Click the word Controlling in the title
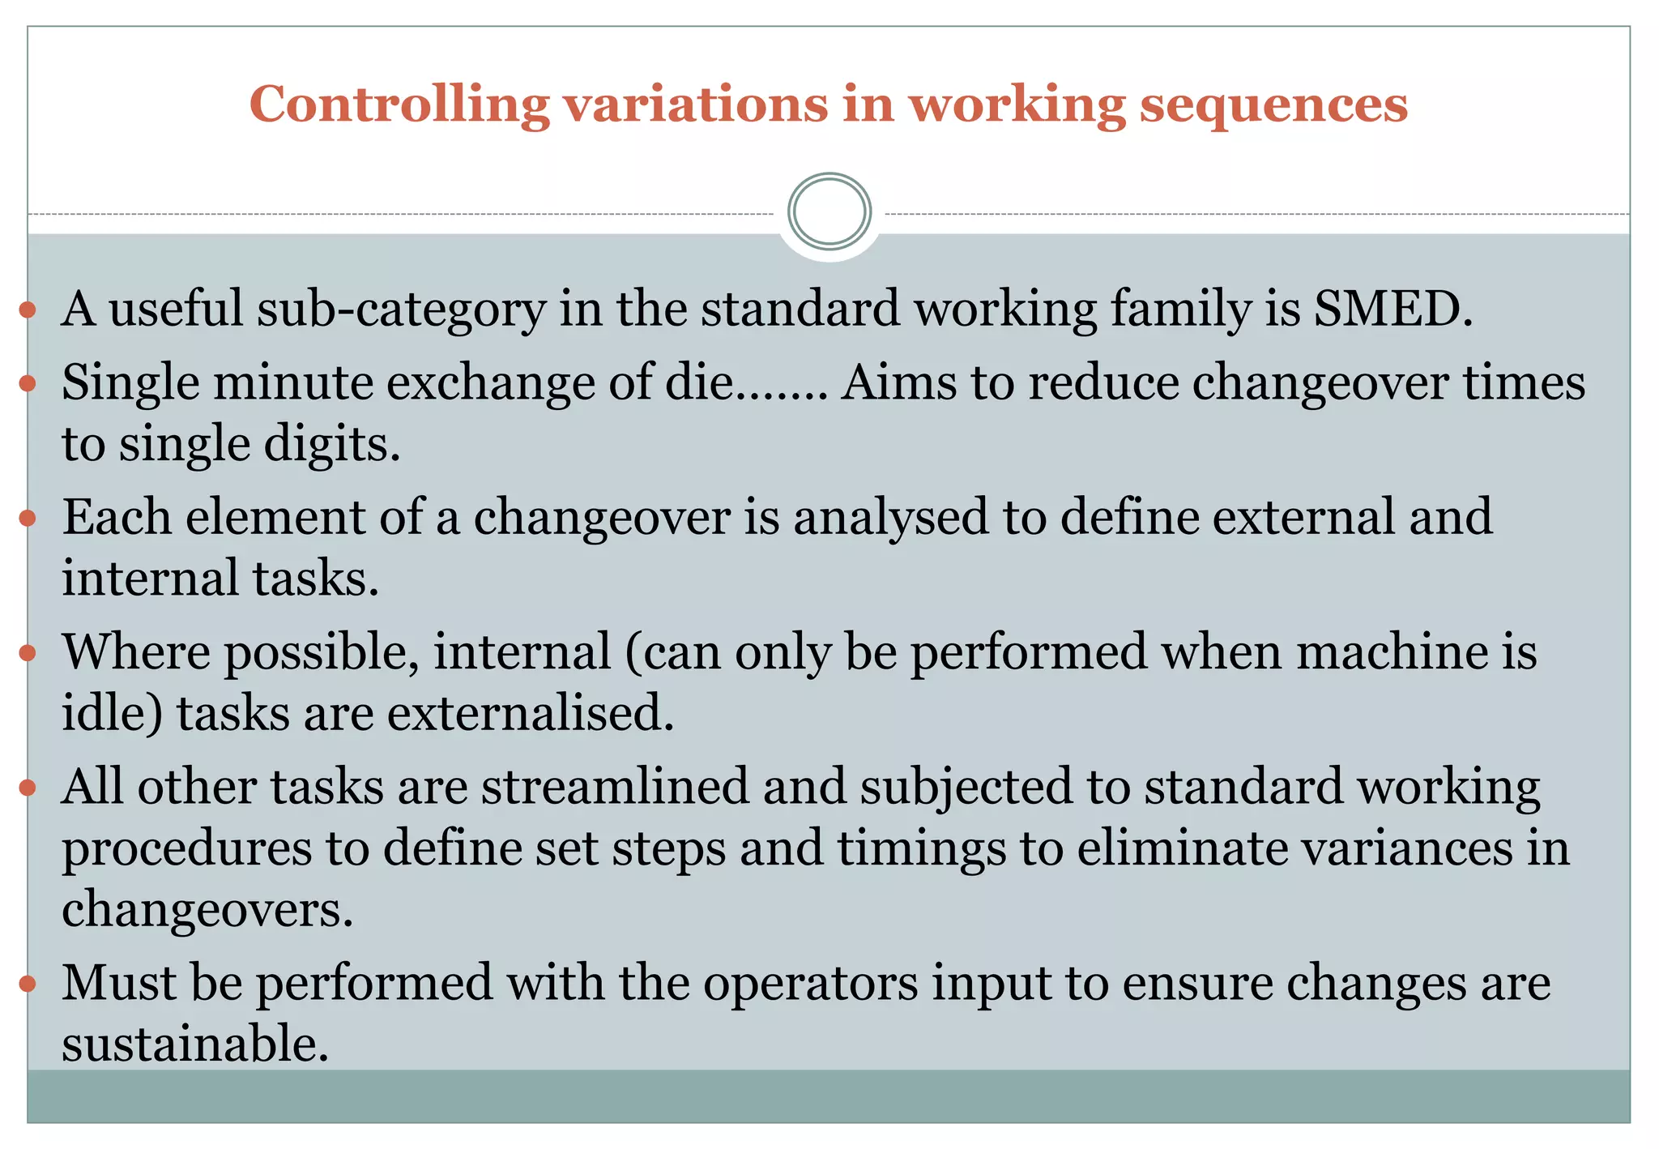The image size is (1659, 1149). [399, 105]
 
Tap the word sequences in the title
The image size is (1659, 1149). [1273, 105]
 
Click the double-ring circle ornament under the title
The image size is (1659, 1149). [829, 211]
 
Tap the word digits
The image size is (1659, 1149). [332, 444]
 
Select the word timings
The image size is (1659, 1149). [921, 848]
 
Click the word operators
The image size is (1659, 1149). [811, 983]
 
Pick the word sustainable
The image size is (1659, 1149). [195, 1044]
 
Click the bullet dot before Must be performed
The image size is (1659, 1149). [28, 984]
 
